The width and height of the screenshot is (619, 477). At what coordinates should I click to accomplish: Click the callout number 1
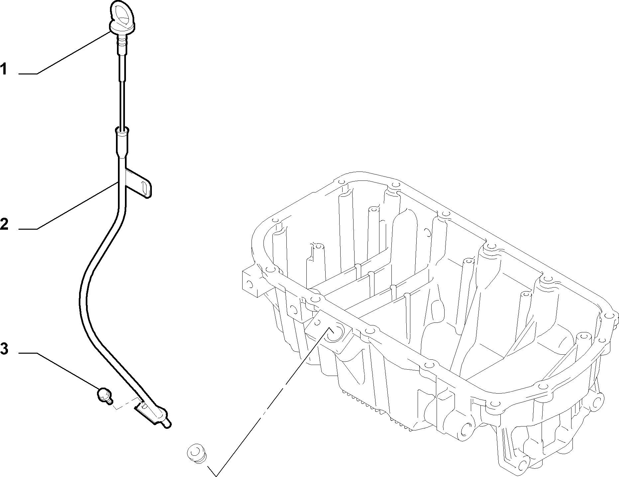tap(4, 69)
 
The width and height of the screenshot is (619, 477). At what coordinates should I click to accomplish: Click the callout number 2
tap(4, 224)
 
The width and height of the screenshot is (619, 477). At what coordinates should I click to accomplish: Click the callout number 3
tap(4, 349)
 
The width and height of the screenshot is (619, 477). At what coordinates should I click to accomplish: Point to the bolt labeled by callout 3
tap(104, 396)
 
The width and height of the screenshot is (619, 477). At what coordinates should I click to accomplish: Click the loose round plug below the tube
tap(196, 452)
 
